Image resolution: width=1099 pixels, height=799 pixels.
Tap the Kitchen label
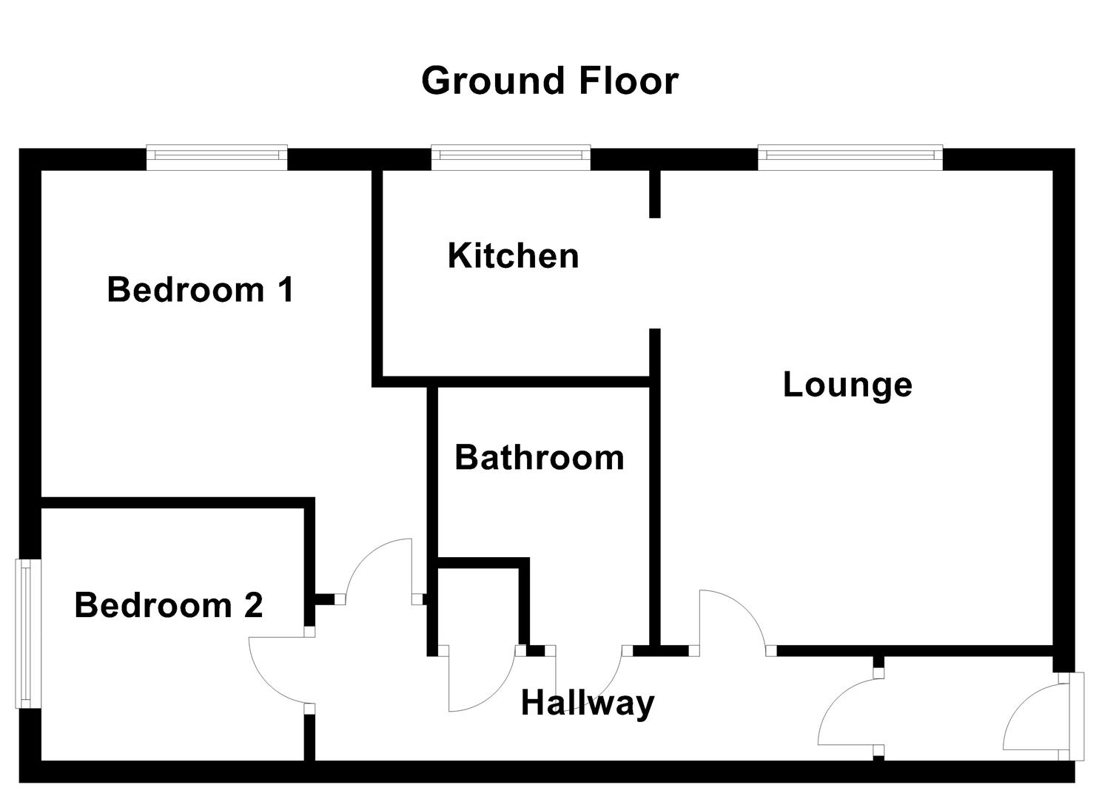513,256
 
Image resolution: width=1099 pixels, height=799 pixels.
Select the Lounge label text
847,385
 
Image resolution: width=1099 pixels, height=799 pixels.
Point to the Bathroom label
539,458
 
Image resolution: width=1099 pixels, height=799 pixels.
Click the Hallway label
588,702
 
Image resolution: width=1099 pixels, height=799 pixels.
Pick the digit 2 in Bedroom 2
252,605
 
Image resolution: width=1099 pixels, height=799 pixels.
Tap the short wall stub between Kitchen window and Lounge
654,194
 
